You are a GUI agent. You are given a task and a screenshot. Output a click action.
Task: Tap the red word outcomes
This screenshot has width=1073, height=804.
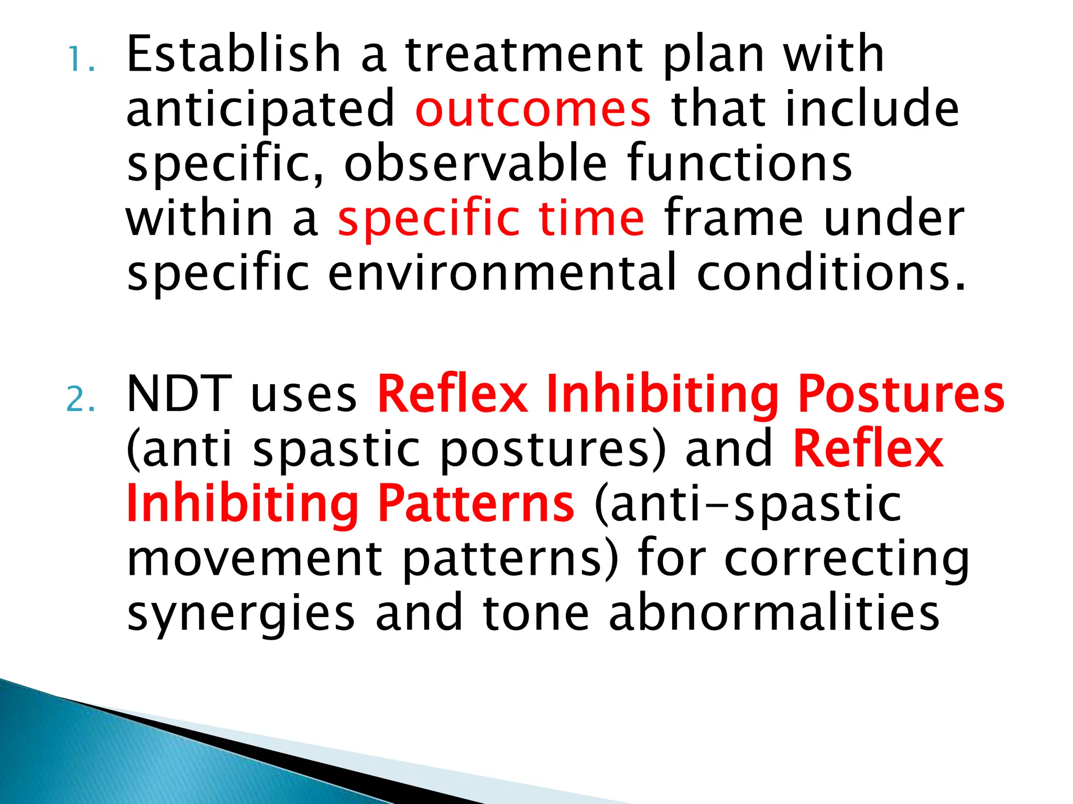[533, 109]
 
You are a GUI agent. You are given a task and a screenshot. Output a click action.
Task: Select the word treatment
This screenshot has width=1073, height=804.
[524, 54]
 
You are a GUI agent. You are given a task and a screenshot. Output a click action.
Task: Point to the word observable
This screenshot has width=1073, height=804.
[476, 163]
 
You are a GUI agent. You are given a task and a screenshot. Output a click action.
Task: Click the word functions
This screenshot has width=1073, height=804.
[739, 163]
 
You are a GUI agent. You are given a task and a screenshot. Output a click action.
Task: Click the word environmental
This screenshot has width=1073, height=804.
[502, 272]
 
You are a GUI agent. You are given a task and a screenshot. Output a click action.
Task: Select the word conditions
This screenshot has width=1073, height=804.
[830, 272]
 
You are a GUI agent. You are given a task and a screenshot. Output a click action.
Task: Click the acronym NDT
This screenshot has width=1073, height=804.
[180, 394]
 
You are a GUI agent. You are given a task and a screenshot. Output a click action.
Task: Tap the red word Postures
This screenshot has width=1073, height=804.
[901, 394]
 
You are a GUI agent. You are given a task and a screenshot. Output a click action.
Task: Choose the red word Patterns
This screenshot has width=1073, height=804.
[476, 504]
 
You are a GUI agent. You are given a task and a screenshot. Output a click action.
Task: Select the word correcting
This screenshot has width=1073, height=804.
[847, 559]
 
